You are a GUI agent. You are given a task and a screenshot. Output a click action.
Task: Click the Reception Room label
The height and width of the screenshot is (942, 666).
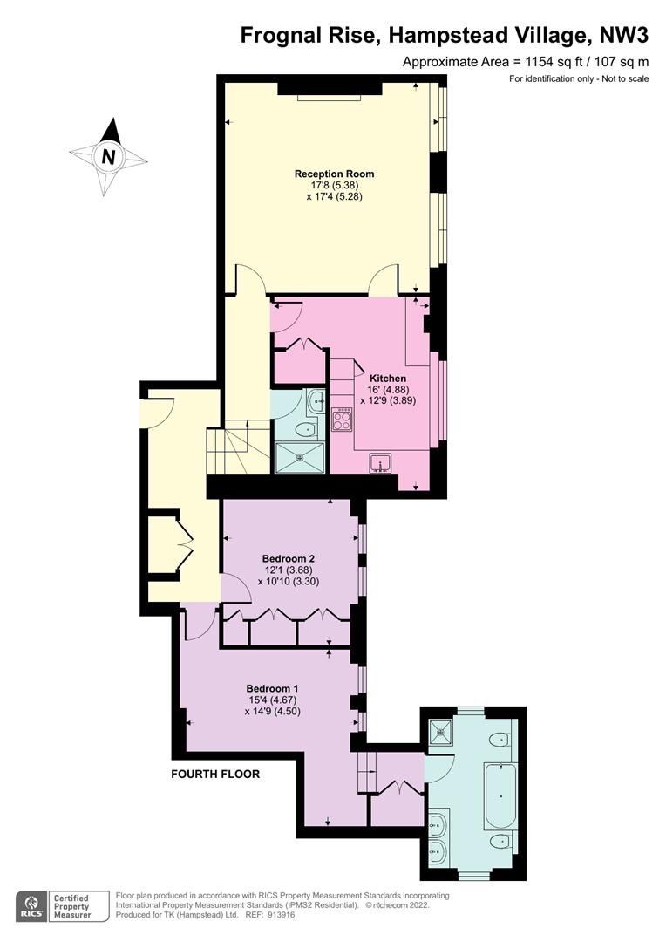[334, 174]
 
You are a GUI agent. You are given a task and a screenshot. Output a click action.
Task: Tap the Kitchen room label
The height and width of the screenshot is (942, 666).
[387, 379]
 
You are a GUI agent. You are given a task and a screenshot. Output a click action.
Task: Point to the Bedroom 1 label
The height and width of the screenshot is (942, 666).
[272, 688]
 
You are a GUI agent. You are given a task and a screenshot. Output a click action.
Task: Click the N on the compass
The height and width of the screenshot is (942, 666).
[108, 156]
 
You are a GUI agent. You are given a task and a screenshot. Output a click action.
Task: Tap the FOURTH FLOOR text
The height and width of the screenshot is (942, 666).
[215, 774]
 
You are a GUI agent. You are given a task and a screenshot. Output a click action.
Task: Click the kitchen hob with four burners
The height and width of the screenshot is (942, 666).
[342, 419]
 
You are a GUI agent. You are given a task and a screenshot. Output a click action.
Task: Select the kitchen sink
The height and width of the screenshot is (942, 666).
[380, 464]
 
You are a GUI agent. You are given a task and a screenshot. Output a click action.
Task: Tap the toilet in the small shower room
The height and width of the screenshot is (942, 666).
[306, 429]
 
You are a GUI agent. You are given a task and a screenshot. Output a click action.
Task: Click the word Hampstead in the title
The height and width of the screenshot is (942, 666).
[457, 36]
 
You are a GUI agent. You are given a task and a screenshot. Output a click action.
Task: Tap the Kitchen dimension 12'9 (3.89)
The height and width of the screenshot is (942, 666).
[388, 400]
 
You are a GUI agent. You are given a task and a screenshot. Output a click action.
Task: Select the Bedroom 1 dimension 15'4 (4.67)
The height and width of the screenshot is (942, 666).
[273, 700]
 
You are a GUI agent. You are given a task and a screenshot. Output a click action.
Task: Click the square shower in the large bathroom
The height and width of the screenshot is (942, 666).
[442, 732]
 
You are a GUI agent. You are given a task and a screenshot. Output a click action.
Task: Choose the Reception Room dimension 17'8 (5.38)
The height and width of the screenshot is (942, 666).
[335, 185]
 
